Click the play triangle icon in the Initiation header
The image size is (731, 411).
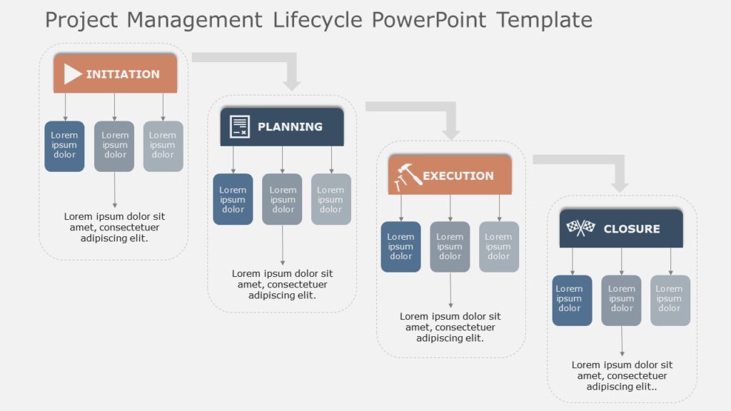[x=72, y=74]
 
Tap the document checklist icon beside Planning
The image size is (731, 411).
[x=239, y=127]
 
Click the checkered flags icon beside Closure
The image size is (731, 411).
[x=580, y=228]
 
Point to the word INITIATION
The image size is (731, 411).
[x=123, y=74]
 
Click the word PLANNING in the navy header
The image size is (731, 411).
[x=290, y=127]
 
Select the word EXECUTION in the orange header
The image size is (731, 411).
[x=458, y=176]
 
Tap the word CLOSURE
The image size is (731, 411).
[x=632, y=229]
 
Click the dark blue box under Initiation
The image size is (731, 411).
[x=64, y=146]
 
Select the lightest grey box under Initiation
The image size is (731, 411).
[x=163, y=146]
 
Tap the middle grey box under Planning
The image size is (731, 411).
[x=283, y=199]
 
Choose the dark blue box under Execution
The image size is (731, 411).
[x=400, y=246]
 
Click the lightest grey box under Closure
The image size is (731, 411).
[x=670, y=300]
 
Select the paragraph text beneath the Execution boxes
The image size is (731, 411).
[x=450, y=327]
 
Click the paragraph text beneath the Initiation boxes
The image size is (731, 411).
[x=114, y=227]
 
